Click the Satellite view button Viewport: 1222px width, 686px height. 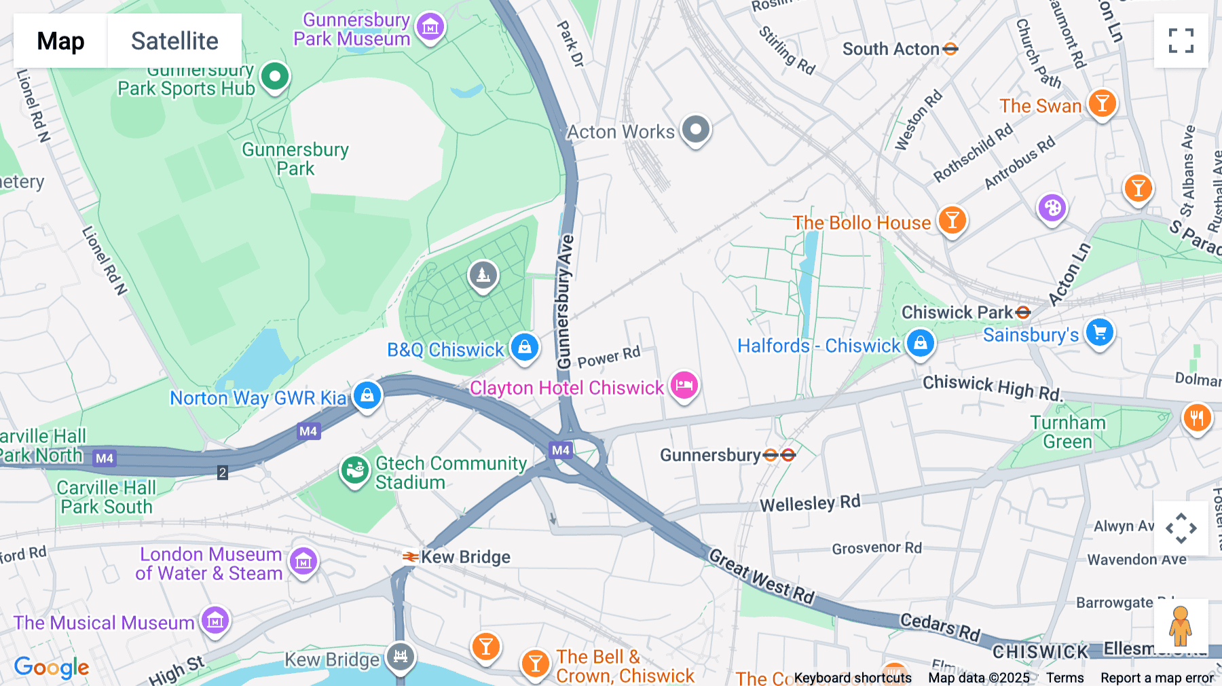click(x=174, y=41)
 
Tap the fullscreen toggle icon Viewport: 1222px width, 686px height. click(x=1181, y=41)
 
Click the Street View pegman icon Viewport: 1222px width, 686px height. click(x=1181, y=626)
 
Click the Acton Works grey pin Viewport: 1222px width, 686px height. click(x=695, y=129)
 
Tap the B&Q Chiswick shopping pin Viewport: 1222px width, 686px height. click(x=525, y=348)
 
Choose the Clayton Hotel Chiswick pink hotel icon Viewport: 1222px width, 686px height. click(x=684, y=386)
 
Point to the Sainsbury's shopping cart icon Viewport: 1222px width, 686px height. click(x=1099, y=333)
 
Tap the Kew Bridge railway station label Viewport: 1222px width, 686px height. click(x=465, y=557)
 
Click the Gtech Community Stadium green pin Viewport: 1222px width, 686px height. click(x=354, y=470)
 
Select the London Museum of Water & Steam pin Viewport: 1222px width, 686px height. click(x=303, y=562)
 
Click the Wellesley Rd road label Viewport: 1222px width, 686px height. click(x=809, y=503)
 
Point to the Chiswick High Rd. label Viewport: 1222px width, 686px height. click(x=991, y=387)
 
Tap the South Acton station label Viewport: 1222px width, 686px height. click(x=891, y=49)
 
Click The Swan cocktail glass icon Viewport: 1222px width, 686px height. click(x=1102, y=104)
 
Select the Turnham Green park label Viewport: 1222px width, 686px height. click(x=1067, y=432)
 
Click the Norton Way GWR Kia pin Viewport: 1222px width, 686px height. click(x=367, y=395)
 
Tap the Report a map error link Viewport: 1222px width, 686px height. click(x=1156, y=677)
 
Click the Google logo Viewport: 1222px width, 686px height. click(x=52, y=667)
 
